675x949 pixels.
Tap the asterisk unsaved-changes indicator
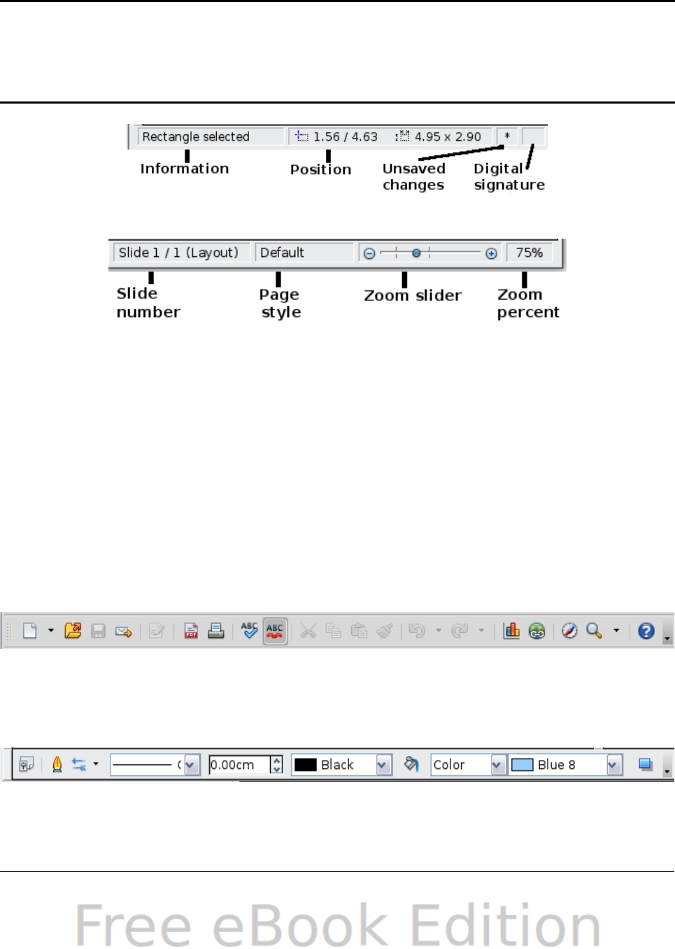[x=507, y=136]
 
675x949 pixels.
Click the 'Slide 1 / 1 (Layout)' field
[x=179, y=253]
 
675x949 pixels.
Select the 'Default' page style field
[x=304, y=253]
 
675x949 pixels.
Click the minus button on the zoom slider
[x=369, y=253]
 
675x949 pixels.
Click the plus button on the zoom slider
[x=492, y=253]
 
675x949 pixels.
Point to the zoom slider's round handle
[x=416, y=253]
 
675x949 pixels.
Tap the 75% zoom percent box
[x=530, y=253]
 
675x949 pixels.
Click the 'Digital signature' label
[x=509, y=176]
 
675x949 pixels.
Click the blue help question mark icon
[x=646, y=631]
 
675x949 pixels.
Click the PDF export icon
[x=191, y=631]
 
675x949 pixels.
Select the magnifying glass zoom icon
[x=594, y=631]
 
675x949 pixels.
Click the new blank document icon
[x=29, y=631]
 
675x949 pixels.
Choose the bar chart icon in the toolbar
[x=512, y=631]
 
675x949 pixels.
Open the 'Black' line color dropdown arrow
[x=383, y=765]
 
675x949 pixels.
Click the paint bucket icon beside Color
[x=411, y=764]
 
